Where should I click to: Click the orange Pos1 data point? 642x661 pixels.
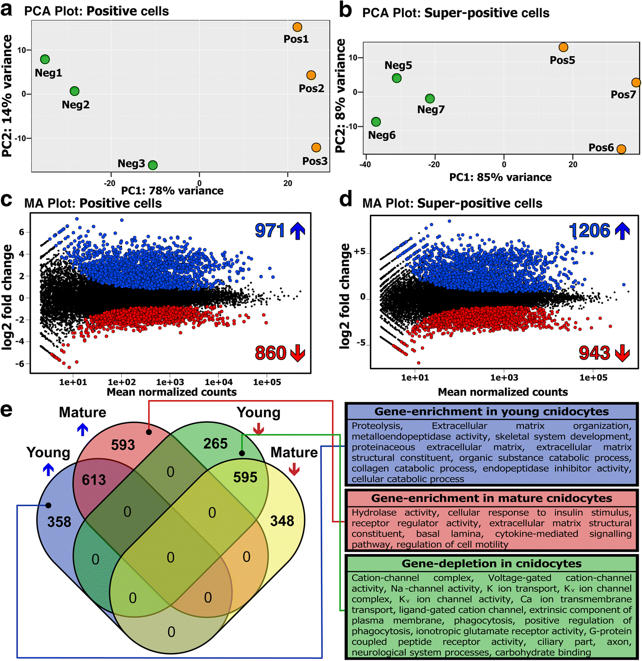297,27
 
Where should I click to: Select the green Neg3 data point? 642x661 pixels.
153,165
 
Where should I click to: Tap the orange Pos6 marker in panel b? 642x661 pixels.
621,149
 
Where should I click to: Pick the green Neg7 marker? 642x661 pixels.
430,98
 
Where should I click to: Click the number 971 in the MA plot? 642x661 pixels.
269,231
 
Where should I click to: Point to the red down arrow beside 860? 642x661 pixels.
297,353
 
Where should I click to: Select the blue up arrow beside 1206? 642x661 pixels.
623,231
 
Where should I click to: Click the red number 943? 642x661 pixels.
595,353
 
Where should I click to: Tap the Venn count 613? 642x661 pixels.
94,480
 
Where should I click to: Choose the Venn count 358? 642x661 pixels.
59,522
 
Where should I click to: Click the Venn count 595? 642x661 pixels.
245,477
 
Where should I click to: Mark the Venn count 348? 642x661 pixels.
282,521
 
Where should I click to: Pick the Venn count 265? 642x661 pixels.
215,444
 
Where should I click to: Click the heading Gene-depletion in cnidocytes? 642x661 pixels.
491,564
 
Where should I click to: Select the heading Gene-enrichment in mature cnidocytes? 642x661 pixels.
491,498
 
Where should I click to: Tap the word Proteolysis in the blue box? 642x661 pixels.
376,426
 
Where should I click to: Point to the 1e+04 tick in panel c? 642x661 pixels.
218,382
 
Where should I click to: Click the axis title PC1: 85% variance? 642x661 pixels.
500,177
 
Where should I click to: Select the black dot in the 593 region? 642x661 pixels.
149,433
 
